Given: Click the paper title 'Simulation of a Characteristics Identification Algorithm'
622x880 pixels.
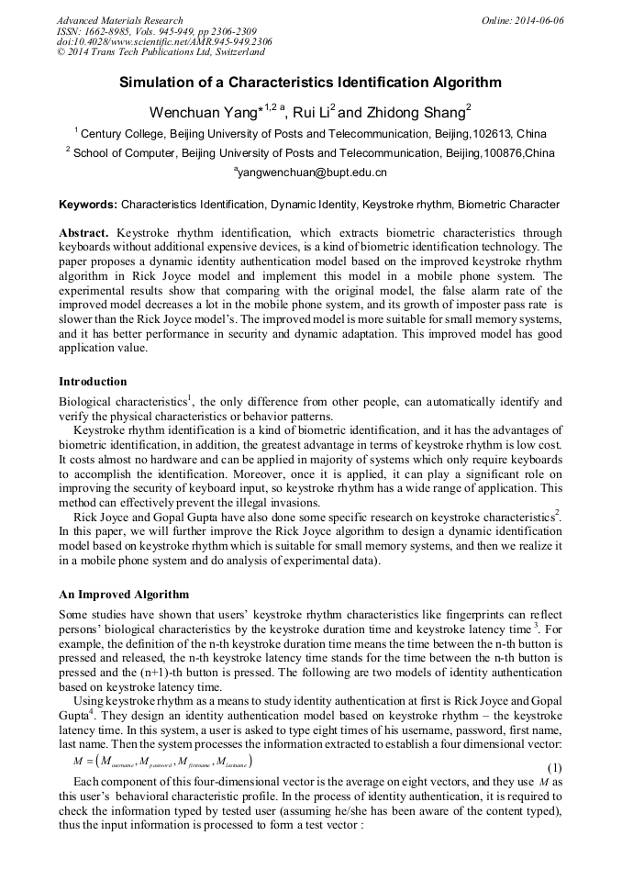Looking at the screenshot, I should click(x=310, y=83).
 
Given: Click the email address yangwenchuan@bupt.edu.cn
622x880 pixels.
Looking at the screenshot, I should click(x=312, y=172).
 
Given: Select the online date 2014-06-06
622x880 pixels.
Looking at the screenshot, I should click(x=535, y=20).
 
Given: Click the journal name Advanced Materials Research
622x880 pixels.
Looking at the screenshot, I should click(x=119, y=20).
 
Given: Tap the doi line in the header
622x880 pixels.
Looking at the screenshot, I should click(x=150, y=42).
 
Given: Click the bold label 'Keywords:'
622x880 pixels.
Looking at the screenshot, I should click(x=88, y=204).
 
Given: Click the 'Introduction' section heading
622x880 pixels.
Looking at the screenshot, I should click(x=93, y=381).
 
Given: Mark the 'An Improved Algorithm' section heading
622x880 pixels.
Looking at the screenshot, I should click(x=124, y=594).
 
